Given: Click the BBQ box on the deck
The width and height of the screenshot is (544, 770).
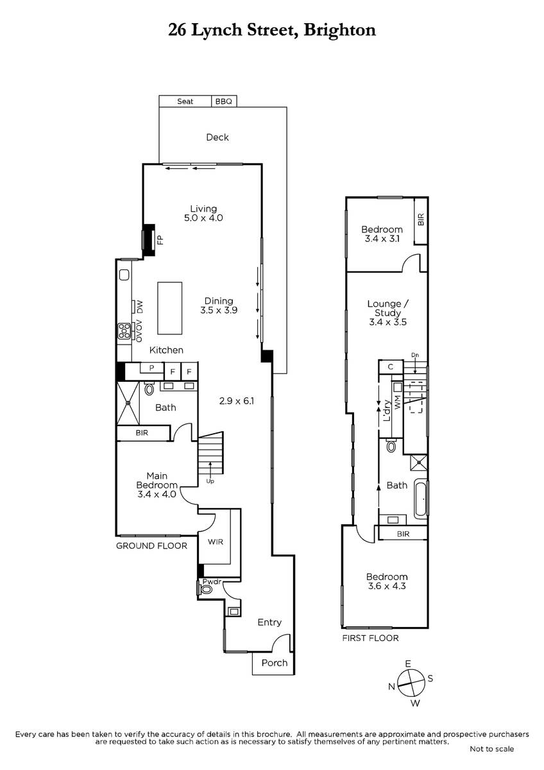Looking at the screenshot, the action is (x=224, y=101).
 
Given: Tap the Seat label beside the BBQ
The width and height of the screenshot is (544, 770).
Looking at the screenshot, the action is (x=185, y=101).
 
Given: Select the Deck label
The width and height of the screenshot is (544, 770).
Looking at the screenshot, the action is (x=217, y=137).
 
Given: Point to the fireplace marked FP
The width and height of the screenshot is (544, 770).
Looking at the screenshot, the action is (x=149, y=239).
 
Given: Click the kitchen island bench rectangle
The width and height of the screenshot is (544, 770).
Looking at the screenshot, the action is (x=170, y=308).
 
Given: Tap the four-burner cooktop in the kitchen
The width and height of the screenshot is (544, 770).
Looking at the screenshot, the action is (x=124, y=331).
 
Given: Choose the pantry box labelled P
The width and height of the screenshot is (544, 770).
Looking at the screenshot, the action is (x=151, y=368).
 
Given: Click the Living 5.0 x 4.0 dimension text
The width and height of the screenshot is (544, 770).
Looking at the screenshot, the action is (x=203, y=218).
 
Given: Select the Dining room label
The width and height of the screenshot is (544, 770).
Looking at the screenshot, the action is (x=219, y=301).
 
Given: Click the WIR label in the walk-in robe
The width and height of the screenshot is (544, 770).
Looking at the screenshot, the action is (x=216, y=542).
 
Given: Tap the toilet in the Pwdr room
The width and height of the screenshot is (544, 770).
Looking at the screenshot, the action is (x=205, y=590).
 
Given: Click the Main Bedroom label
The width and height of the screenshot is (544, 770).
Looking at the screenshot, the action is (x=157, y=480).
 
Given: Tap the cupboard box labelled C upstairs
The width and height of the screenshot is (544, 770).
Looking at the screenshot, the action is (x=391, y=367).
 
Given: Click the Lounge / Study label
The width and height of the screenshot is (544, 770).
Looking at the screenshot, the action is (x=388, y=309).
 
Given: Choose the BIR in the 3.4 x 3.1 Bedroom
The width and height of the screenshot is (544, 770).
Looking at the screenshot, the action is (x=421, y=221).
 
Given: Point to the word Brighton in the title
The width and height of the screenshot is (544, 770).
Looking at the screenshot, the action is (x=339, y=30).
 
